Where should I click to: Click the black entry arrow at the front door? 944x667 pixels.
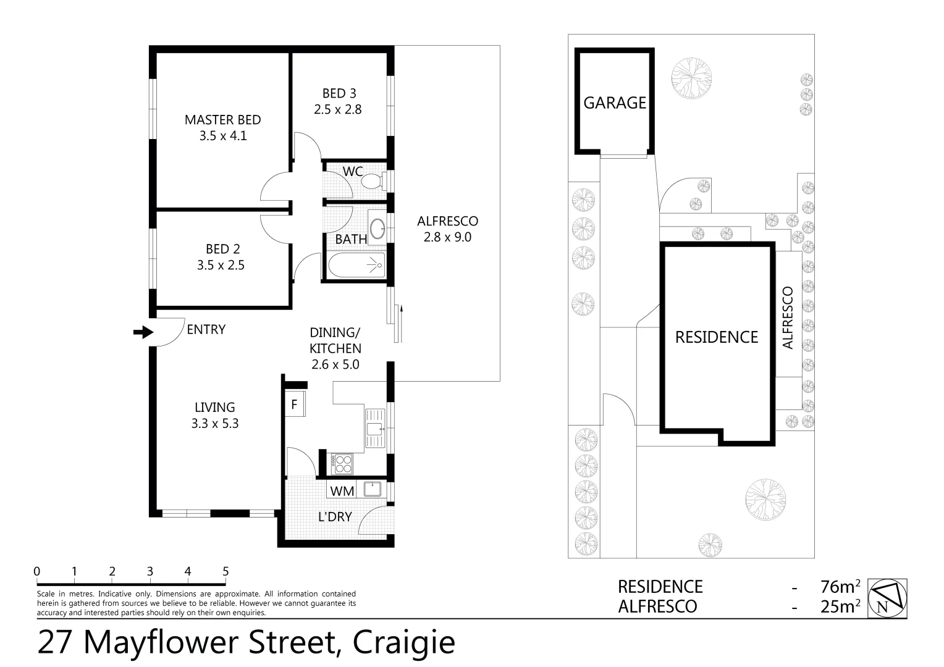click(143, 332)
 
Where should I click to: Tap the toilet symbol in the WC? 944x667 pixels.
click(372, 181)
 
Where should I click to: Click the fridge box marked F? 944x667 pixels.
click(294, 405)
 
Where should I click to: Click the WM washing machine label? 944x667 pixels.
click(342, 491)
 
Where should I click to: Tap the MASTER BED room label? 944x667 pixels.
click(222, 120)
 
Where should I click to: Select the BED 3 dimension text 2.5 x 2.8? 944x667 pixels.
click(337, 109)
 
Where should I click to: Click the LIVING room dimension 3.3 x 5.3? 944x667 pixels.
click(215, 424)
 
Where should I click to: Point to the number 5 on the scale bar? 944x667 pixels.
click(225, 572)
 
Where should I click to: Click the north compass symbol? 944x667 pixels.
click(888, 598)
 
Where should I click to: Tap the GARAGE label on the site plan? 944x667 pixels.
click(614, 103)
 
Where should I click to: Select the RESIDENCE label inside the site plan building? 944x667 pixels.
click(716, 337)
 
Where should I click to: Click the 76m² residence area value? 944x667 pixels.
click(840, 586)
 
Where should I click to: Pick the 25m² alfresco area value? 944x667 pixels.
click(840, 606)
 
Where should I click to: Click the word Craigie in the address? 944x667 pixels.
click(403, 642)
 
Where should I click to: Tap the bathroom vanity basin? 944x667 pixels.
click(376, 225)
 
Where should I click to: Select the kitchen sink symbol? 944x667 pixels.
click(374, 427)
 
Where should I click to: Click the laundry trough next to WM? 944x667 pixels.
click(373, 490)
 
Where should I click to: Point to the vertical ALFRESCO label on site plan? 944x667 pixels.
click(788, 317)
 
